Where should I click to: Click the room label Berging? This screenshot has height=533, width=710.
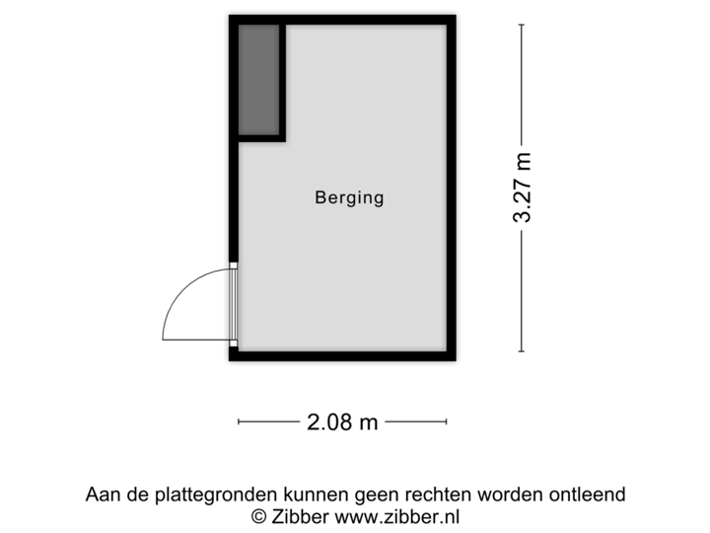point(349,197)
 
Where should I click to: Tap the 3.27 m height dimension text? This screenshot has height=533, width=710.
point(522,188)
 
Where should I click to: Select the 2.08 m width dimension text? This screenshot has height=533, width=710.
point(342,422)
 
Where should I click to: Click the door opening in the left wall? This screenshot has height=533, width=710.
point(233,303)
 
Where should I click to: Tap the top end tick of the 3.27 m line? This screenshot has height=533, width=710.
point(522,24)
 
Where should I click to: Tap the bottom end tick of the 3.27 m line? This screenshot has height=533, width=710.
point(522,351)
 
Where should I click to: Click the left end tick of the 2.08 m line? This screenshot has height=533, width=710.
point(239,422)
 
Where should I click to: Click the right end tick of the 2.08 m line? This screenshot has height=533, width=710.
point(447,422)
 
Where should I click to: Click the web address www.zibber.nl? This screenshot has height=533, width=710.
point(397,515)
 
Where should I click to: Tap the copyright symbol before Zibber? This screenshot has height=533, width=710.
point(259,515)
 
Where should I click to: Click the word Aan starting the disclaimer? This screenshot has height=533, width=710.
point(102,494)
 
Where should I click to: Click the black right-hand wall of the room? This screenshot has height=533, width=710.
point(454,188)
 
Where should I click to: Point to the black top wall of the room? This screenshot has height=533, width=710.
point(342,17)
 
